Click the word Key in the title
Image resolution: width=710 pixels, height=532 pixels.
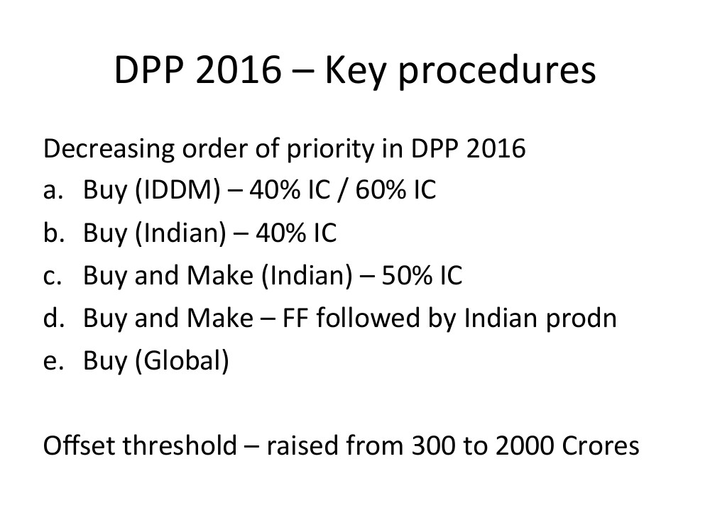coord(355,72)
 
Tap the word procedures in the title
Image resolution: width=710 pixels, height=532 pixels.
coord(497,72)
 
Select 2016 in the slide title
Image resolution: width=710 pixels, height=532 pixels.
coord(239,70)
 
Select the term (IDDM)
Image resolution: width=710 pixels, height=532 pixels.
coord(178,190)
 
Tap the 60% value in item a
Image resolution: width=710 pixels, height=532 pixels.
coord(381,190)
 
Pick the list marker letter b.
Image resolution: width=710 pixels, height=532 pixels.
coord(53,233)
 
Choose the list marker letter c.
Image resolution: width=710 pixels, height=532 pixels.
coord(53,277)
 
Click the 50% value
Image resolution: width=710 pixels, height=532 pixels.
coord(407,275)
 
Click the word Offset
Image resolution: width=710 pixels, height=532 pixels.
coord(79,445)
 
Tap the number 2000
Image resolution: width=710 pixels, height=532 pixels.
coord(525,446)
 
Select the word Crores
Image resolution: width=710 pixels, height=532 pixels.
coord(601,446)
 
